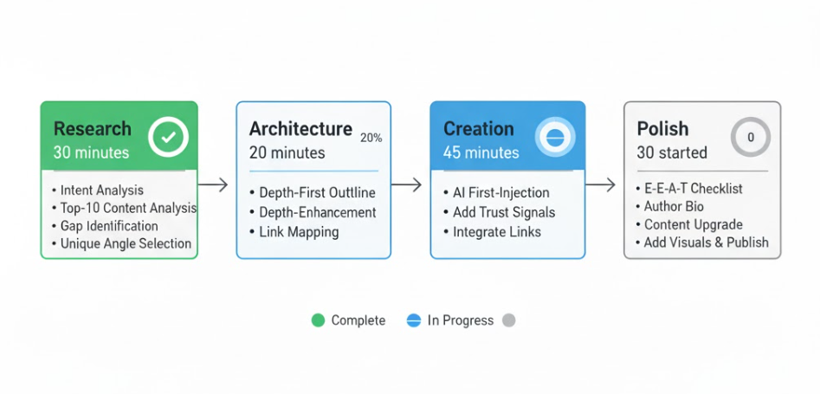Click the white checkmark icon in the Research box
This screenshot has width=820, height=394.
click(168, 137)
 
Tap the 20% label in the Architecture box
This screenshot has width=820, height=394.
click(371, 138)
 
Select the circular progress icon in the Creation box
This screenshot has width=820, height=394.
click(555, 138)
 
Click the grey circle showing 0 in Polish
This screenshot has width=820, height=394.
click(750, 137)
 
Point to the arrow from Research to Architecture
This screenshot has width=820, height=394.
click(213, 184)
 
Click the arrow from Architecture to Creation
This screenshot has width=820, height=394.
click(407, 184)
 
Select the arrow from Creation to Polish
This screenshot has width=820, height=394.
click(601, 184)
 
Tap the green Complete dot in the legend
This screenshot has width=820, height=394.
click(318, 320)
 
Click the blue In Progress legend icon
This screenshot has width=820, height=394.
click(413, 320)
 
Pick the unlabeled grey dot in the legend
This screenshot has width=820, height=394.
click(509, 320)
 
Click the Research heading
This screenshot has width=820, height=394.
click(93, 129)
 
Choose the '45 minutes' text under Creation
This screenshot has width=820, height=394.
click(481, 153)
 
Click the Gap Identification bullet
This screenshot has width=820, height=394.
click(109, 226)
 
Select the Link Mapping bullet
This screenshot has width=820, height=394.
click(299, 232)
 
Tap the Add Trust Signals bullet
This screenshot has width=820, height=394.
click(504, 212)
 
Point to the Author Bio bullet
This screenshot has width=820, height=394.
click(674, 206)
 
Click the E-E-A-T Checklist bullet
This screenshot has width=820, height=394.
click(693, 189)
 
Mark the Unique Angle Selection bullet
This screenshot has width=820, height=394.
click(126, 244)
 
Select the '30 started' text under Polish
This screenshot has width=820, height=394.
click(672, 153)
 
